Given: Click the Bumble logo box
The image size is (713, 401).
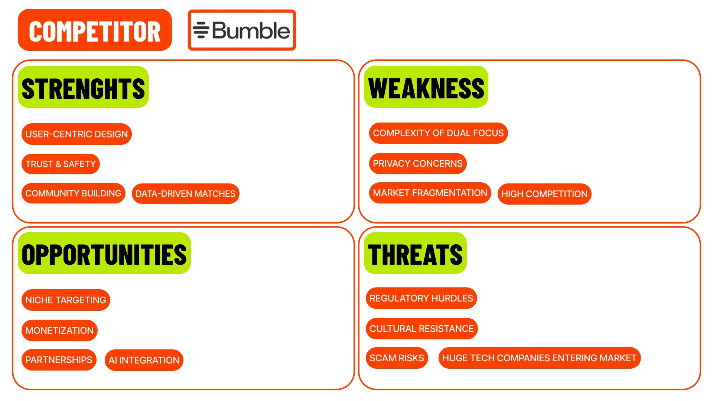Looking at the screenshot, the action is click(242, 30).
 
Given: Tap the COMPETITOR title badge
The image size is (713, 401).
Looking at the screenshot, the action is click(95, 30).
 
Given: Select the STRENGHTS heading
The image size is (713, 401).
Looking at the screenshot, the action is click(83, 87).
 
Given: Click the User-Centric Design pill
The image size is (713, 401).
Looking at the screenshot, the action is click(76, 134).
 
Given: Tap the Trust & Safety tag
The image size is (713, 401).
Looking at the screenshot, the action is click(61, 164).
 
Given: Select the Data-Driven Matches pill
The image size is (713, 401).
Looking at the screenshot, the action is click(185, 193).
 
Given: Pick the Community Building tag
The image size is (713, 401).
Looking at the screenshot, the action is click(73, 193).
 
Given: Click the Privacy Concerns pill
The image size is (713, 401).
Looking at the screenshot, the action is click(417, 163).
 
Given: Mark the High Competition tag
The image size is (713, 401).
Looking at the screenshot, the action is click(544, 194).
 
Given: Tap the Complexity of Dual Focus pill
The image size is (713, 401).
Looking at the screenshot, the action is click(438, 133).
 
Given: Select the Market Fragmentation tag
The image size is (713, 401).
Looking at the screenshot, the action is click(430, 193).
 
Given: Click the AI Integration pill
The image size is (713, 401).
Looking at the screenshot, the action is click(144, 360).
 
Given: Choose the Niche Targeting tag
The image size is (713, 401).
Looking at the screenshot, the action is click(66, 300).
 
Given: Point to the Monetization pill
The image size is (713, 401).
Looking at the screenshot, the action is click(59, 330).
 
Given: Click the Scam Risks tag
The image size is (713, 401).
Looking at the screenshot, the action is click(397, 358).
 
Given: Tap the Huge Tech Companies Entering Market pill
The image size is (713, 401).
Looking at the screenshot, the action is click(539, 358).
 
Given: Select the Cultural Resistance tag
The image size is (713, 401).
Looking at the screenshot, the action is click(421, 329).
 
